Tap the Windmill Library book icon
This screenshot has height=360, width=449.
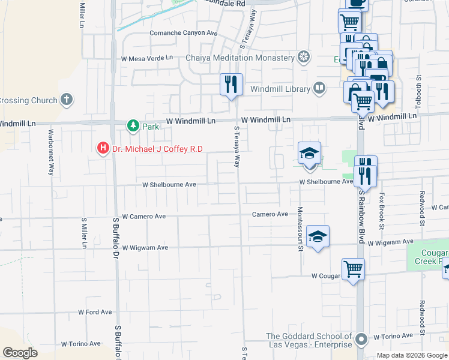[x=319, y=89]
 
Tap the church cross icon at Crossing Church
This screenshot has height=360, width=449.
[x=67, y=100]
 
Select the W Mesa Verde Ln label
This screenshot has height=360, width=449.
[x=146, y=59]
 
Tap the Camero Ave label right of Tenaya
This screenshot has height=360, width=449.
[x=270, y=214]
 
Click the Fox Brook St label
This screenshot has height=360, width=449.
[x=381, y=211]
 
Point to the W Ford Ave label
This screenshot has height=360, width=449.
[x=95, y=312]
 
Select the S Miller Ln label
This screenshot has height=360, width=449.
[x=84, y=233]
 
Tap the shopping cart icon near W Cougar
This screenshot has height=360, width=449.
[x=353, y=268]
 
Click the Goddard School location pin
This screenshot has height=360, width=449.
[x=361, y=340]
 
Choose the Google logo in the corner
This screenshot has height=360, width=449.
[x=20, y=353]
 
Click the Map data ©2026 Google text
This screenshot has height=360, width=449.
[x=412, y=355]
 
